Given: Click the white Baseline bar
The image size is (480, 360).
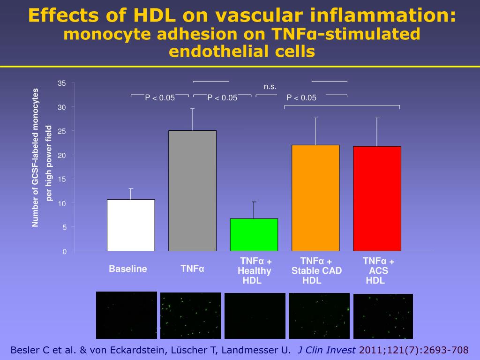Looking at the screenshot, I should pos(131,225).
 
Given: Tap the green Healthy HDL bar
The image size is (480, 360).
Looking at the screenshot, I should pos(254,234).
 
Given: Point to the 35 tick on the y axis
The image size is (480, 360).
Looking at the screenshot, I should pos(62,83).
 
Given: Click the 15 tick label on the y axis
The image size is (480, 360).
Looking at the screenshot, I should pos(62,180).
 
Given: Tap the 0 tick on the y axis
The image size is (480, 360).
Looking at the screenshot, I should pos(65,252).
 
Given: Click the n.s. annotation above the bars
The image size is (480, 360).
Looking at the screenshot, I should pos(270,87).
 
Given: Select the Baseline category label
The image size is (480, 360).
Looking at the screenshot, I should pos(128,269).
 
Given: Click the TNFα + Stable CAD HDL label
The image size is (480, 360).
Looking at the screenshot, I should pos(316,271).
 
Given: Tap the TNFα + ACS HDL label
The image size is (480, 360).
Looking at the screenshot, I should pos(378,271).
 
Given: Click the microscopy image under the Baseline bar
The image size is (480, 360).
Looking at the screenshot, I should pos(126,315).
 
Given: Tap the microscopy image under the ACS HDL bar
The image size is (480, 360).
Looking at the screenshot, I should pos(383,316).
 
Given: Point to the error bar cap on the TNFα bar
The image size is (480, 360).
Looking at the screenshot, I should pos(192,109).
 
